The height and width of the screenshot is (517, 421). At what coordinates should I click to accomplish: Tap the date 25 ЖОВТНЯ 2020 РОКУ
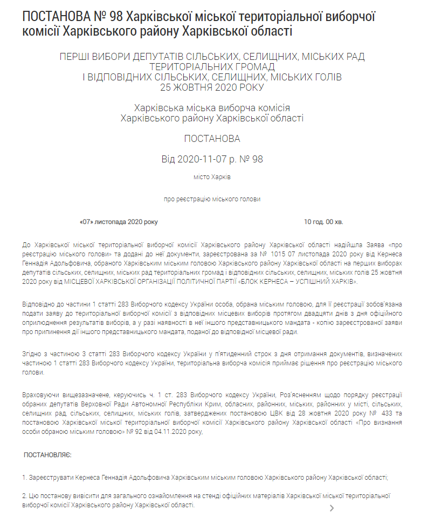[x=212, y=87]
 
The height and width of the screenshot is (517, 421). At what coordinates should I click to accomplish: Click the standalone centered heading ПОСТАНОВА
[x=212, y=139]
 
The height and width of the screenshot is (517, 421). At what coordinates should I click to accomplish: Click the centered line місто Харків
[x=212, y=176]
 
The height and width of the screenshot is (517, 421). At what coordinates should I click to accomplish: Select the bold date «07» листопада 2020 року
[x=119, y=221]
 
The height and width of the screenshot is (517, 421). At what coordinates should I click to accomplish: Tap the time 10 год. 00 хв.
[x=323, y=221]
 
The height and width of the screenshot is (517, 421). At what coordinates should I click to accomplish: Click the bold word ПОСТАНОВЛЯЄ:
[x=47, y=455]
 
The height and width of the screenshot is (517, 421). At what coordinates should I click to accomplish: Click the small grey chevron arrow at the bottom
[x=332, y=508]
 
